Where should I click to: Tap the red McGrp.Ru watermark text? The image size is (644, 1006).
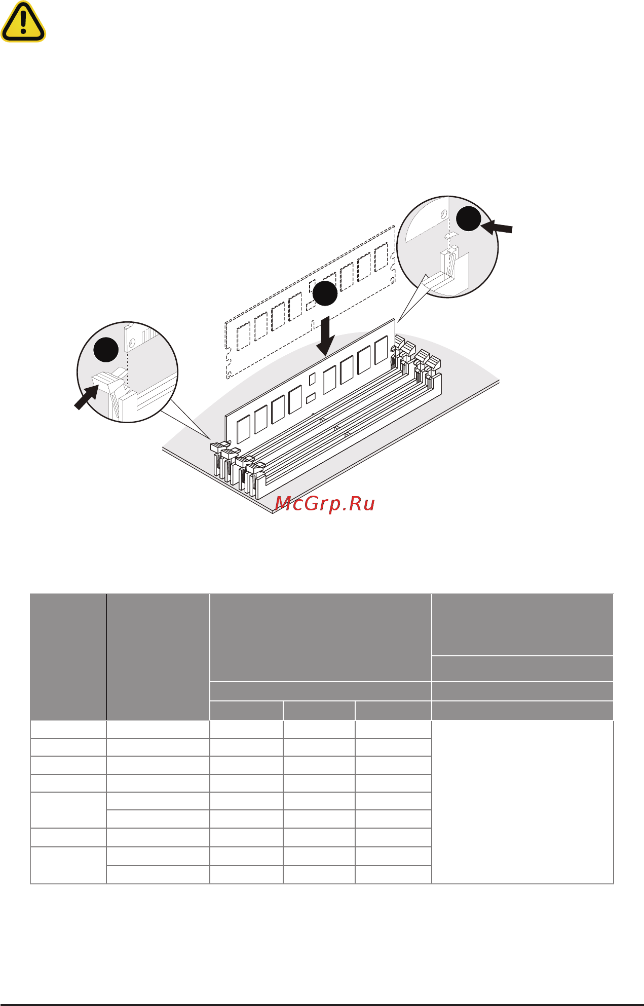coord(325,503)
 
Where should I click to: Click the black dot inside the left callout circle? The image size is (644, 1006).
coord(106,349)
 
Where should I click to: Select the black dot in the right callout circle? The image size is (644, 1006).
coord(468,219)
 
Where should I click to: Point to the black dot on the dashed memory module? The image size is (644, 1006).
coord(325,293)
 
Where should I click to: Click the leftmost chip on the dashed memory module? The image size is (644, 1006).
coord(244,335)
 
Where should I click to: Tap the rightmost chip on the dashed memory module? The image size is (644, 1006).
coord(381,257)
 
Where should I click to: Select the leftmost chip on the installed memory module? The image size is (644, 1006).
coord(244,429)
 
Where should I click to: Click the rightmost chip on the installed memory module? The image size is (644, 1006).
coord(381,350)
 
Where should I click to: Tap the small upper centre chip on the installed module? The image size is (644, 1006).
coord(312,378)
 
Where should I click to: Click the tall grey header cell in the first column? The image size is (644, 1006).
coord(68,657)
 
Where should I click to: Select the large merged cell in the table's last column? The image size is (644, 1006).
coord(522,802)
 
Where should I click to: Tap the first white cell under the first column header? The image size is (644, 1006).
coord(68,729)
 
